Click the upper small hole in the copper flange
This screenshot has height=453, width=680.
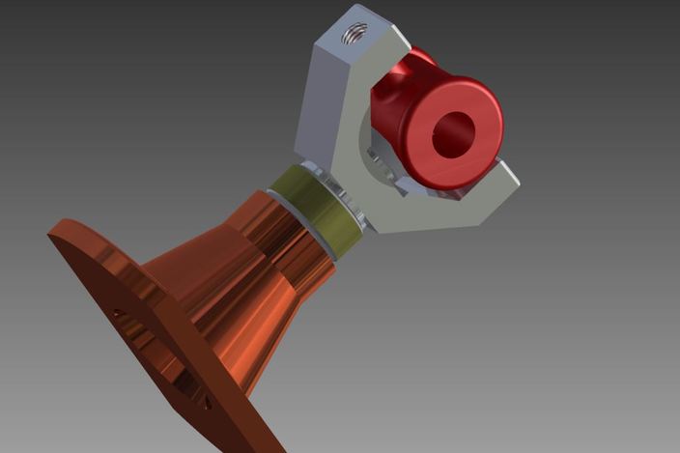(118, 314)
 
